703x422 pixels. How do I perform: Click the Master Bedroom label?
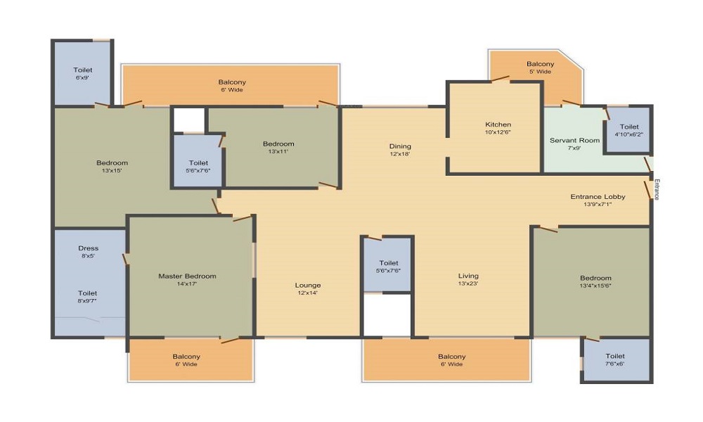pos(187,276)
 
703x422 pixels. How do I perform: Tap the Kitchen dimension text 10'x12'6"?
pos(498,132)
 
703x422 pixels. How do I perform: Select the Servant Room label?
pos(575,141)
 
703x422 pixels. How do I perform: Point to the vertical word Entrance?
pos(657,189)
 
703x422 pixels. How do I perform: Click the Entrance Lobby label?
pos(598,196)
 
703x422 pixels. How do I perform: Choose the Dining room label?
pos(400,146)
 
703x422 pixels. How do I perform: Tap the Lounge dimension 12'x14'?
pos(308,293)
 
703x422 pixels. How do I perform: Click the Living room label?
pos(468,276)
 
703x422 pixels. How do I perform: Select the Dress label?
pos(89,248)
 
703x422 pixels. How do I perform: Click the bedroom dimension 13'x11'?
pos(278,152)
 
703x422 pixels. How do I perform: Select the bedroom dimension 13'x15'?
pos(112,170)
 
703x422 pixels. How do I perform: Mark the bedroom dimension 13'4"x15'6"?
pos(595,286)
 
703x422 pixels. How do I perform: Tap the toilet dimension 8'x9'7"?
pos(87,301)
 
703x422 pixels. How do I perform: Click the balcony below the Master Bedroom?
pos(191,359)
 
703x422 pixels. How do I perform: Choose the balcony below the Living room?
pos(447,359)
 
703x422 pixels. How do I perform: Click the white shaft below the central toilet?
pos(387,315)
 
